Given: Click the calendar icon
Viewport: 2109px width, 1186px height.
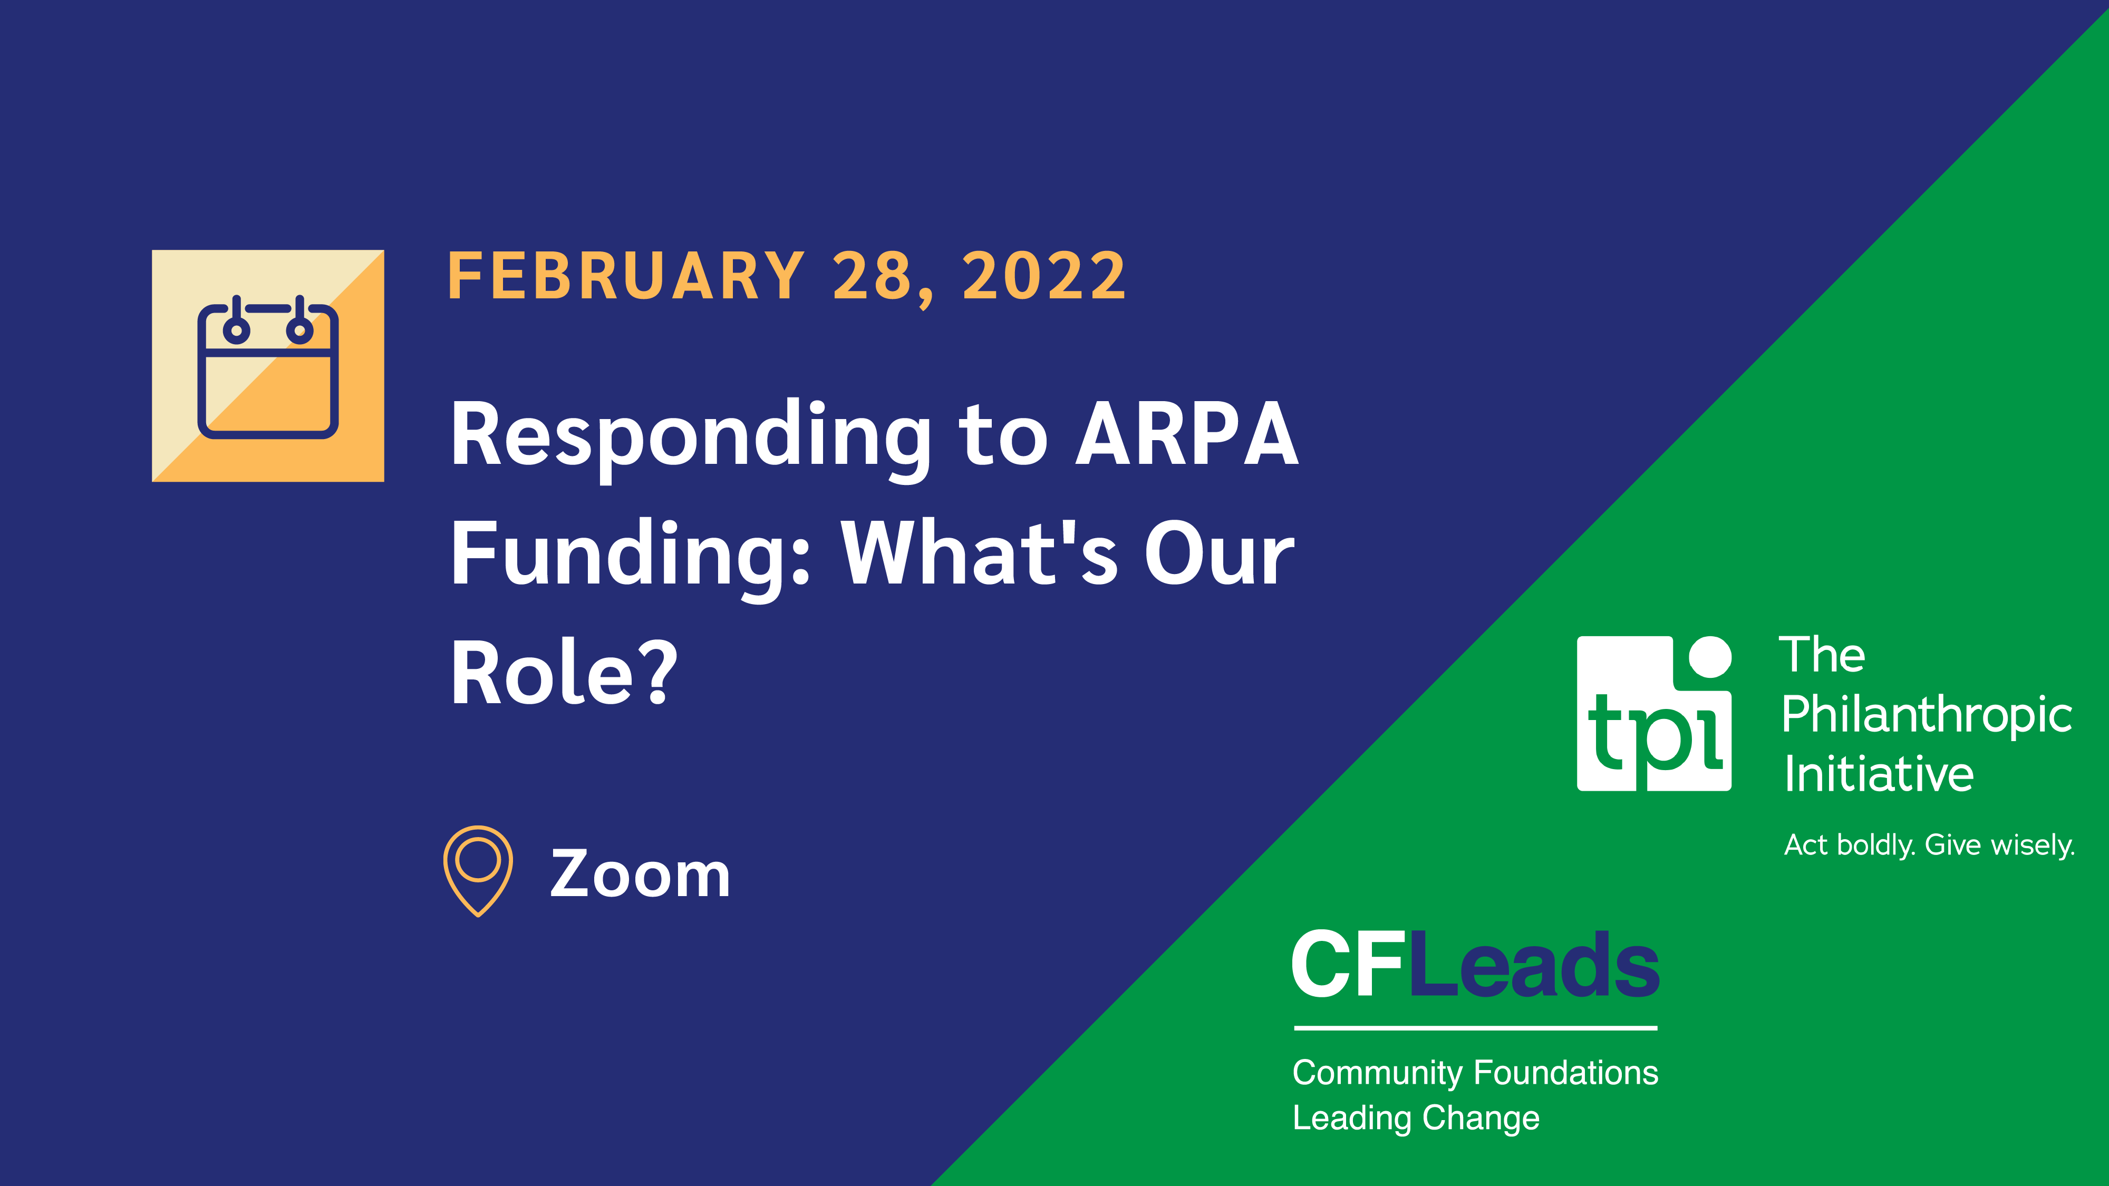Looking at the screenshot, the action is click(268, 366).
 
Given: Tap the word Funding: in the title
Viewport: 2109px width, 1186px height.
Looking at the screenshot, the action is click(631, 557).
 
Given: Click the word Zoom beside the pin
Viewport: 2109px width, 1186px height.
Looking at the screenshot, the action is click(640, 874).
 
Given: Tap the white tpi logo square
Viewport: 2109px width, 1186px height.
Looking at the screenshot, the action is click(1654, 714).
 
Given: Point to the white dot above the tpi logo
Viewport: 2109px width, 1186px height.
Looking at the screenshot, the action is click(1710, 656).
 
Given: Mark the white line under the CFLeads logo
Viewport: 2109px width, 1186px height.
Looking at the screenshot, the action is click(1475, 1028).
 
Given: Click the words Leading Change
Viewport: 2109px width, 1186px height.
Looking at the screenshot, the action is click(1416, 1118).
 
